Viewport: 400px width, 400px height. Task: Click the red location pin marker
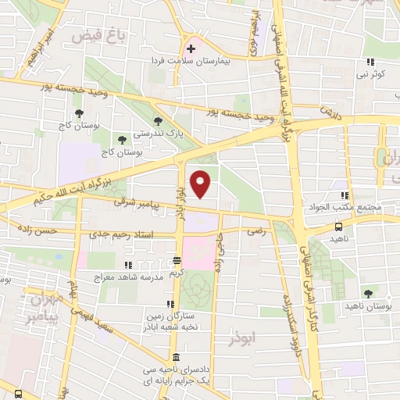(202, 184)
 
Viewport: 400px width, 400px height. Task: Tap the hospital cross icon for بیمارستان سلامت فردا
(191, 48)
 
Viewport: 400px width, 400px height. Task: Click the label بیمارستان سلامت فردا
(204, 60)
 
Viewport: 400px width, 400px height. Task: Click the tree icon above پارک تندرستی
(159, 121)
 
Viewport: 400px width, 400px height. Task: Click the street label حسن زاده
(40, 232)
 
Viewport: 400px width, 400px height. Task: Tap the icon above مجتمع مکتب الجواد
(343, 195)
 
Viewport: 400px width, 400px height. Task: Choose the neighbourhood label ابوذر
(241, 340)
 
